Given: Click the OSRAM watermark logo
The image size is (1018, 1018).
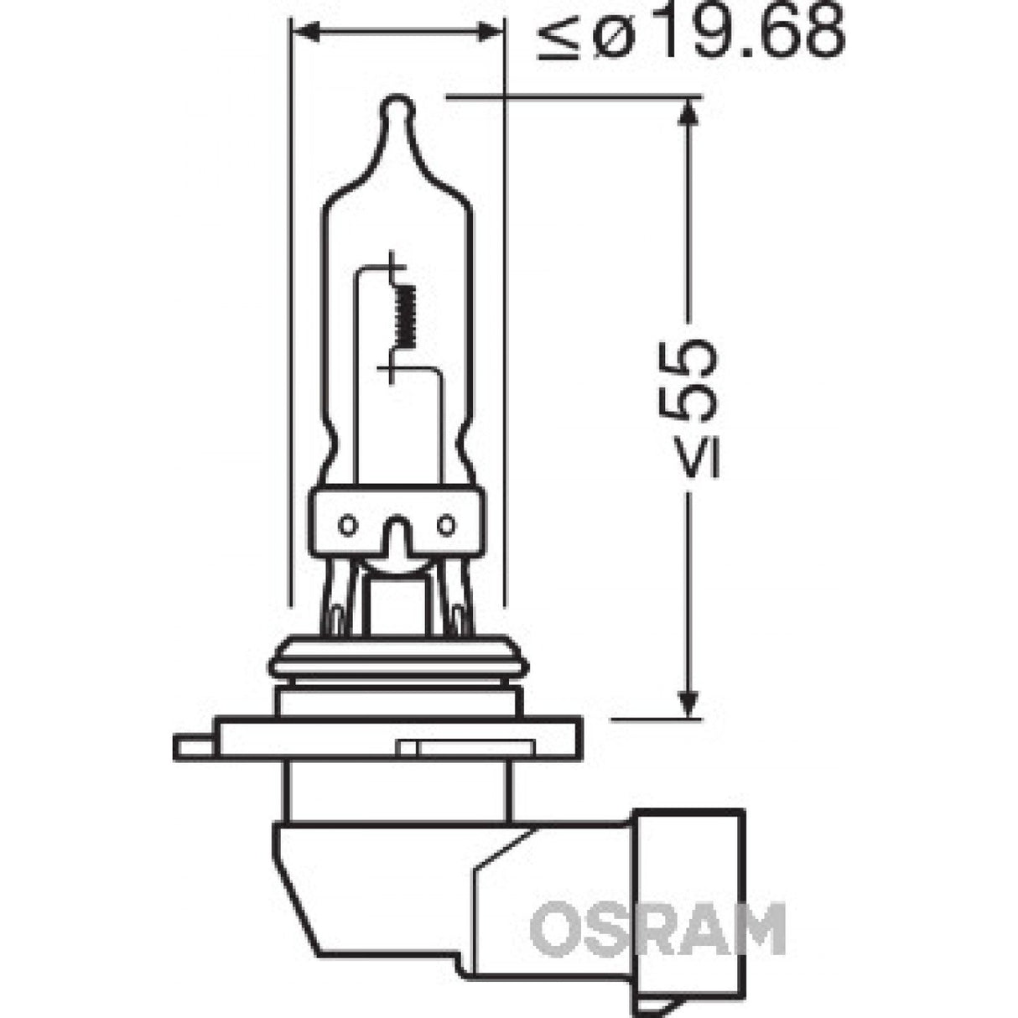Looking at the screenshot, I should (x=658, y=928).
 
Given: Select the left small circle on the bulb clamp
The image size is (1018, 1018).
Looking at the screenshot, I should (x=345, y=526).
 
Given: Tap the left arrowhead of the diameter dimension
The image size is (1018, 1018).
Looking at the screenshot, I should (x=304, y=32).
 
